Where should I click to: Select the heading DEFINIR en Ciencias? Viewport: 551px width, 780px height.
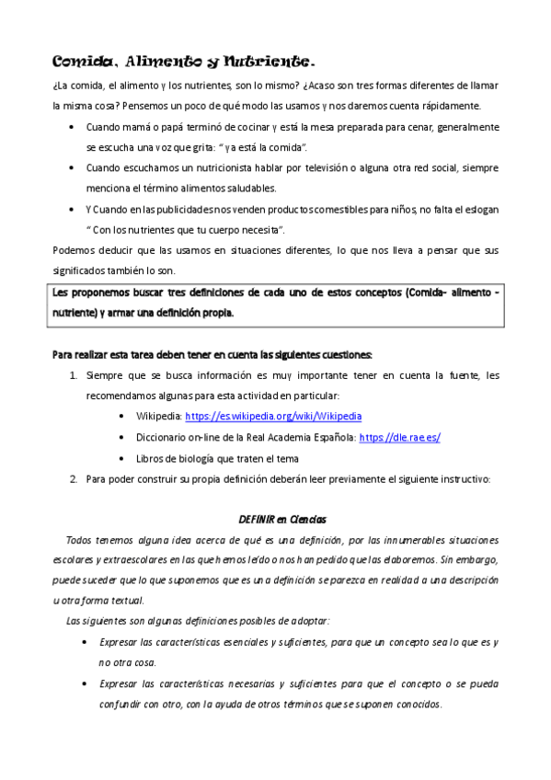[x=276, y=520]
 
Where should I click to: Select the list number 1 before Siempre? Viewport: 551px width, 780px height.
[x=74, y=375]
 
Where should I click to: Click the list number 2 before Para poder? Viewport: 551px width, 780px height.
[x=74, y=478]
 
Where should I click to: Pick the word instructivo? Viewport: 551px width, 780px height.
[x=466, y=478]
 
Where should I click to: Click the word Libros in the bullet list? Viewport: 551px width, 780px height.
[x=150, y=458]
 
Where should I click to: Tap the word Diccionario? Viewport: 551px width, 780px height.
[x=163, y=437]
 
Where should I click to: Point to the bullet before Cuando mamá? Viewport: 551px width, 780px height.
[x=73, y=127]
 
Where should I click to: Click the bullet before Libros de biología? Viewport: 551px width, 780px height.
[x=123, y=458]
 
